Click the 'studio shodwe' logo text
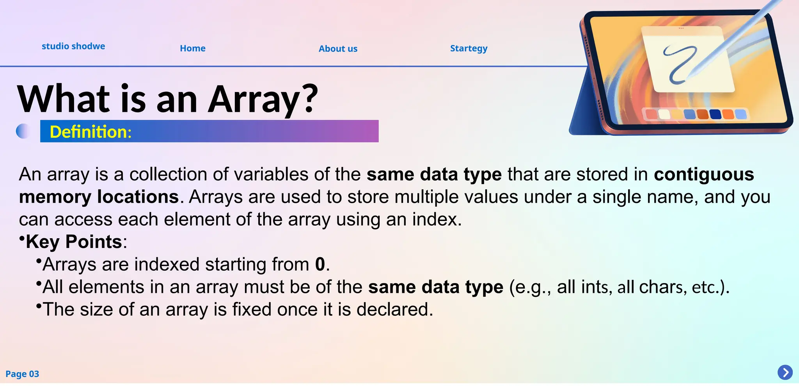coord(73,46)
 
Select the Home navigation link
coord(192,48)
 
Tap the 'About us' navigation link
coord(338,49)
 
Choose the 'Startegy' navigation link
coord(469,48)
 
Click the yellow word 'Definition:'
coord(91,132)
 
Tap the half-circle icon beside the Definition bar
coord(22,131)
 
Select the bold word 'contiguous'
coord(704,174)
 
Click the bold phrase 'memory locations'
coord(99,197)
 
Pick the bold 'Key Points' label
coord(74,242)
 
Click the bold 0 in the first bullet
coord(320,264)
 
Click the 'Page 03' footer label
coord(22,374)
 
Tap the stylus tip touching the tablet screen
coord(689,75)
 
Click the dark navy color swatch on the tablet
coord(715,114)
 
